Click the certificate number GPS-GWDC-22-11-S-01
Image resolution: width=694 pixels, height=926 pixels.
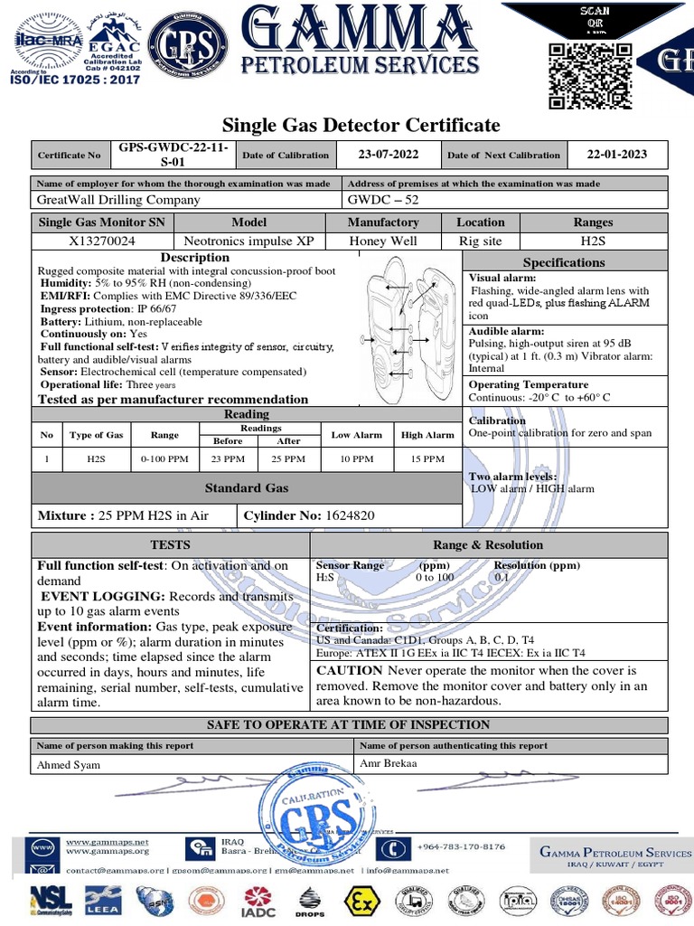[x=173, y=155]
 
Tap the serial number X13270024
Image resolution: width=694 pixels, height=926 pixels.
[x=102, y=241]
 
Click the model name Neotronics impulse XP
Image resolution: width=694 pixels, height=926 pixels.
[x=249, y=241]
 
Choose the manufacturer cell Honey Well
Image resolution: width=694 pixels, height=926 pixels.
[x=383, y=241]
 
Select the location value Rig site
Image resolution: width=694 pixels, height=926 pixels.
[x=479, y=241]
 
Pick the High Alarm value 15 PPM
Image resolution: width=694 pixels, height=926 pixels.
[x=427, y=459]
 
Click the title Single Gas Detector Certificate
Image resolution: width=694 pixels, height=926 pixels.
[x=361, y=125]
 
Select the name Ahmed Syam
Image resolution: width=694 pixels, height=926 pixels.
[x=69, y=765]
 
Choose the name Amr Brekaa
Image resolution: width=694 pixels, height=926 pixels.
[x=389, y=763]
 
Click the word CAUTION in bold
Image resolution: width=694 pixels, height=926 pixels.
[x=349, y=671]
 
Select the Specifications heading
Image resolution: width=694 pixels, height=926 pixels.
[x=564, y=262]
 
